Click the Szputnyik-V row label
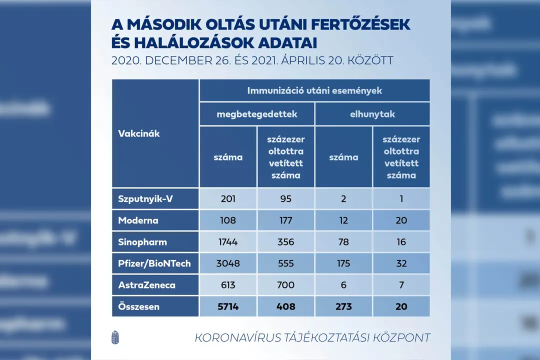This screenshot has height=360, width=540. (x=145, y=199)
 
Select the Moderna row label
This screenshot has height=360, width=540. (x=138, y=220)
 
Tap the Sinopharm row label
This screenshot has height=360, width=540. (x=142, y=242)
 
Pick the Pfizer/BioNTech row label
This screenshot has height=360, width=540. (x=154, y=263)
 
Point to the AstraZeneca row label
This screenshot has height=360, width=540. (x=146, y=285)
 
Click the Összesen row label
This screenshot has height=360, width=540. (x=139, y=306)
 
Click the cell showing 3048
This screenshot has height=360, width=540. (x=228, y=263)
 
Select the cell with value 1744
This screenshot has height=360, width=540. (x=228, y=242)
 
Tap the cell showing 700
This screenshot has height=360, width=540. (x=286, y=285)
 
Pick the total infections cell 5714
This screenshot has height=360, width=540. (x=228, y=306)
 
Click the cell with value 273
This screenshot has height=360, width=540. (x=343, y=306)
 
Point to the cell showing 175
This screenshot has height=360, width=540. (x=343, y=263)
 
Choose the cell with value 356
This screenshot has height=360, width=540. (x=286, y=242)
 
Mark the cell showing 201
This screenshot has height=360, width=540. (x=228, y=199)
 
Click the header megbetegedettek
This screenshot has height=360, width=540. (x=257, y=114)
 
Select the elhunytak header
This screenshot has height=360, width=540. (x=372, y=114)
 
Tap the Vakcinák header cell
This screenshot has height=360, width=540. (x=155, y=133)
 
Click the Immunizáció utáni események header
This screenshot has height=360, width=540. (x=315, y=90)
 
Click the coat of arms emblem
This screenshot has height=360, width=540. (x=115, y=337)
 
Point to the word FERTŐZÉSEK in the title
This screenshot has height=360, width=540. (x=360, y=24)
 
